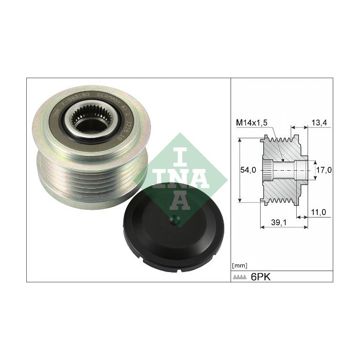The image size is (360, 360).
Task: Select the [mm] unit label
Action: [240, 265]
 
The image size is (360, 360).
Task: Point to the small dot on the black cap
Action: [173, 222]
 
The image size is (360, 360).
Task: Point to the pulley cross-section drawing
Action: [285, 169]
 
